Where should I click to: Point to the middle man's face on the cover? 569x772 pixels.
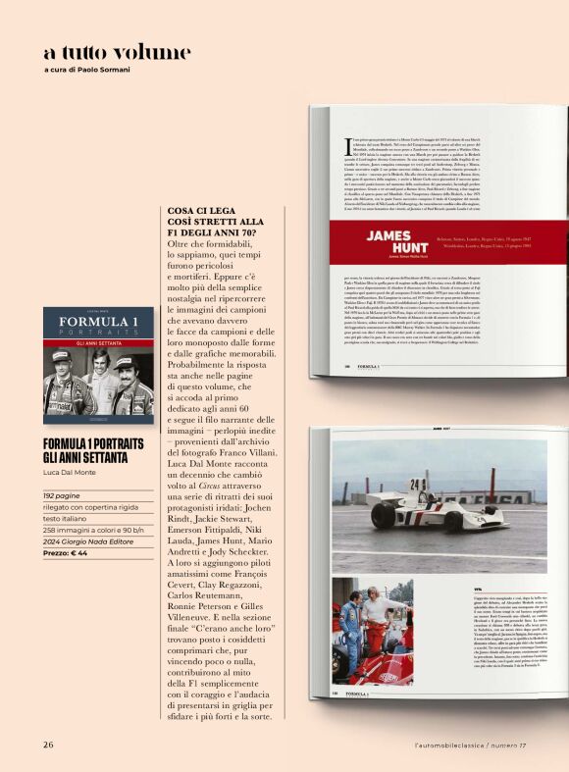click(x=98, y=374)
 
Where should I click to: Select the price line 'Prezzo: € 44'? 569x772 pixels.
click(x=65, y=553)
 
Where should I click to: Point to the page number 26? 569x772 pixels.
click(x=47, y=745)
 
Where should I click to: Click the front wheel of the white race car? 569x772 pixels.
click(x=467, y=509)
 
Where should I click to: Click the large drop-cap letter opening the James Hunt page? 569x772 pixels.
click(x=348, y=148)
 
